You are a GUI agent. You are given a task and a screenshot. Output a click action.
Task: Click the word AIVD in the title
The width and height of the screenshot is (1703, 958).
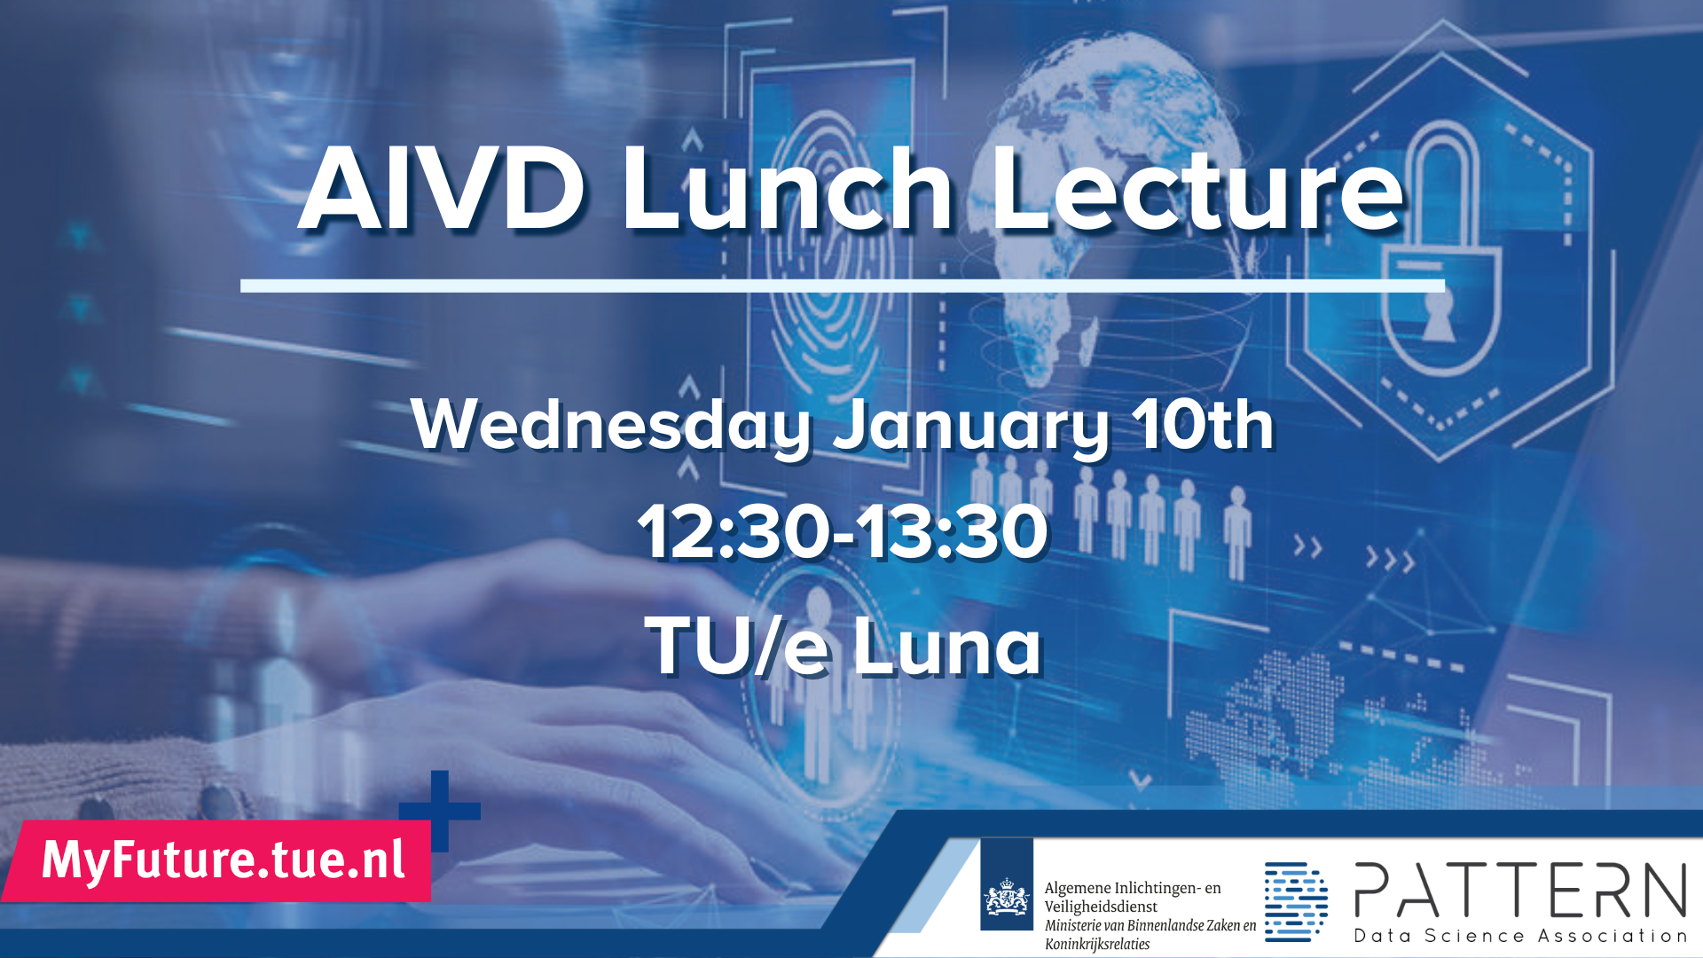pyautogui.click(x=442, y=189)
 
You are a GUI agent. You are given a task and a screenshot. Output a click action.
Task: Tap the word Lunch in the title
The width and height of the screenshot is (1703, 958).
pyautogui.click(x=788, y=189)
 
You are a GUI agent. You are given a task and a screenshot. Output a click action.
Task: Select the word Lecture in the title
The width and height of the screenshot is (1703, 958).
pyautogui.click(x=1198, y=189)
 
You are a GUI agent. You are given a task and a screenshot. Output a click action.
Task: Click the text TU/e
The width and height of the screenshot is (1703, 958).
pyautogui.click(x=736, y=645)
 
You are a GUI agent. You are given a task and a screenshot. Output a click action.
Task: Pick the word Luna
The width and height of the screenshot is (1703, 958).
pyautogui.click(x=946, y=645)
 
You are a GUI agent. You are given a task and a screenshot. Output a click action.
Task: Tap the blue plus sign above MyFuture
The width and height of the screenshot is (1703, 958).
pyautogui.click(x=440, y=811)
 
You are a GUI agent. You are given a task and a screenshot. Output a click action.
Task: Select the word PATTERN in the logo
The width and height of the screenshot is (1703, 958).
pyautogui.click(x=1519, y=890)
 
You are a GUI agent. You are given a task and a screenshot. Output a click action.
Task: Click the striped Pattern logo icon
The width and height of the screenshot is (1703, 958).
pyautogui.click(x=1296, y=900)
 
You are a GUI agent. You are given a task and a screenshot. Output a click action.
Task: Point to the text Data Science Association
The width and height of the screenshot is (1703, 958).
pyautogui.click(x=1519, y=936)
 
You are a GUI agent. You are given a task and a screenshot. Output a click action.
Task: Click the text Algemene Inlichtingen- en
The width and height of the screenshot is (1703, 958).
pyautogui.click(x=1133, y=888)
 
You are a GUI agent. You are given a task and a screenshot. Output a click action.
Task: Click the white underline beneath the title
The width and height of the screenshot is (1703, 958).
pyautogui.click(x=843, y=286)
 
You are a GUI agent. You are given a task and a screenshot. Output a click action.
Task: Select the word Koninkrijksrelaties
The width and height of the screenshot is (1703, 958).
pyautogui.click(x=1097, y=945)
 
